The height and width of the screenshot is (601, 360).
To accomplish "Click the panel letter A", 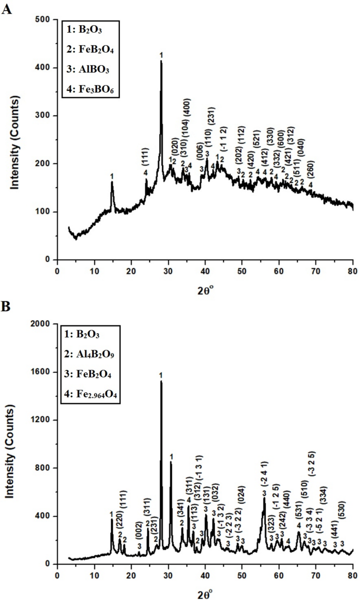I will click(7, 9).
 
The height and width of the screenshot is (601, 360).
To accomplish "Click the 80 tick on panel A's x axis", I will click(352, 271).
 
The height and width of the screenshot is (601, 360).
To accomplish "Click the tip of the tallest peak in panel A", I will click(161, 62).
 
